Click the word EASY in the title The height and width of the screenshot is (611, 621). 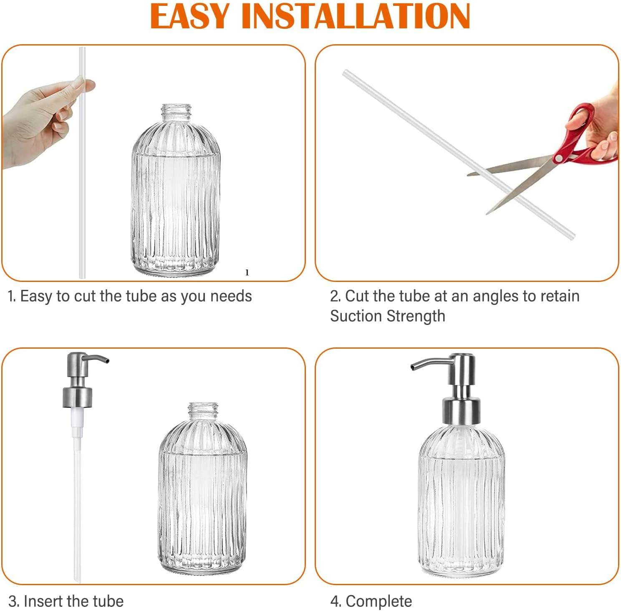(190, 16)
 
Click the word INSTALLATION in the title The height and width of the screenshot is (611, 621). (356, 16)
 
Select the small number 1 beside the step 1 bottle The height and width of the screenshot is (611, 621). (247, 273)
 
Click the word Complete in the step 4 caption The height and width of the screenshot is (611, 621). (379, 601)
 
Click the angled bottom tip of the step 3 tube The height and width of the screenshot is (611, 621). (77, 579)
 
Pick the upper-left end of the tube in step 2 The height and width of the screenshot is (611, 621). (346, 73)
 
